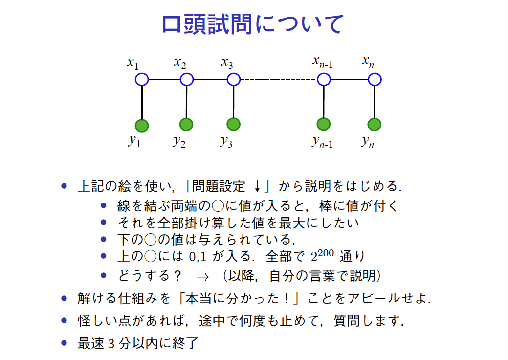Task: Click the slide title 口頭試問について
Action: tap(253, 24)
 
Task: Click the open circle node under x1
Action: tap(142, 79)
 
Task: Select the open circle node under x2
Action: tap(187, 79)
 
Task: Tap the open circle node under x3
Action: tap(234, 79)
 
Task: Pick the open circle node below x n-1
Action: tap(324, 79)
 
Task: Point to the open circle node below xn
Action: tap(375, 79)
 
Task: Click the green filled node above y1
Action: tap(142, 126)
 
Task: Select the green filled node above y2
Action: tap(186, 125)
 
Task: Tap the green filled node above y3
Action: tap(234, 125)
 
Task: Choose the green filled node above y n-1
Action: tap(323, 125)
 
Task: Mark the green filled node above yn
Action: tap(375, 125)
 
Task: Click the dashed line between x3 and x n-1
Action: tap(279, 79)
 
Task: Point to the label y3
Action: tap(226, 142)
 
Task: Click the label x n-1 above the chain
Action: tap(323, 62)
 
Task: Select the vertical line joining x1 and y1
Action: tap(142, 102)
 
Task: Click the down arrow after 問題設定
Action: tap(257, 187)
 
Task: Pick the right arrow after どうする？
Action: tap(202, 276)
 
